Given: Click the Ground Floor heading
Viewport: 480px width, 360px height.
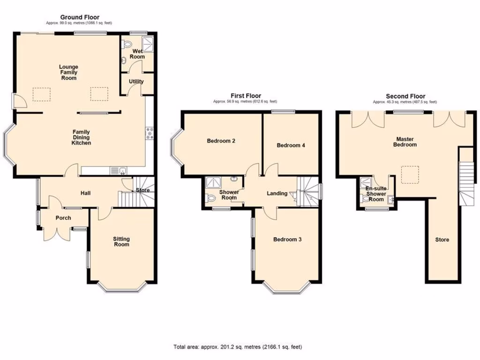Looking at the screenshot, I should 79,17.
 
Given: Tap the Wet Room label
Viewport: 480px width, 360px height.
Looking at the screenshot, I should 138,54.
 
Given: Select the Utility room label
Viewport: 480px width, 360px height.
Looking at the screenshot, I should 136,82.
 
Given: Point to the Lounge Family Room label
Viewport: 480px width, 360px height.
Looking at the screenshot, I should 68,72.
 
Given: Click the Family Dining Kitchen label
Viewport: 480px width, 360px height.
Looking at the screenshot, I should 81,137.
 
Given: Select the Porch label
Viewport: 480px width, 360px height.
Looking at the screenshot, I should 63,218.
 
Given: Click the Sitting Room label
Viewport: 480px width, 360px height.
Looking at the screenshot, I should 121,241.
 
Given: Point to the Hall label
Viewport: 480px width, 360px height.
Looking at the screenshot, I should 85,193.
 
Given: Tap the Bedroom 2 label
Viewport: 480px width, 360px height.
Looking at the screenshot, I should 221,141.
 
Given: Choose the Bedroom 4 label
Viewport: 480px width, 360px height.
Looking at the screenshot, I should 291,145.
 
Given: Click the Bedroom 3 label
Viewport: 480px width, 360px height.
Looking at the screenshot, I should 287,240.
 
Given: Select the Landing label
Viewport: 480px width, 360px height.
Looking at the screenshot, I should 277,193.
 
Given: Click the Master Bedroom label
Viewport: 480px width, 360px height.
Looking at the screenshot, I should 406,142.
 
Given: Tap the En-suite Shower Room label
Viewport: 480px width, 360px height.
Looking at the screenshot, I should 376,194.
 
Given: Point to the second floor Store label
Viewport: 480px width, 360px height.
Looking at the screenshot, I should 442,240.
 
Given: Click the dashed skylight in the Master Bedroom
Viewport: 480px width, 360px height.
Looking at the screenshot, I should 410,174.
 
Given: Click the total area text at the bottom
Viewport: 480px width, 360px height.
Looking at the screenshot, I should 238,347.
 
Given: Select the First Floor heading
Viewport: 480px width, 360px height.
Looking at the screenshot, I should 245,96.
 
